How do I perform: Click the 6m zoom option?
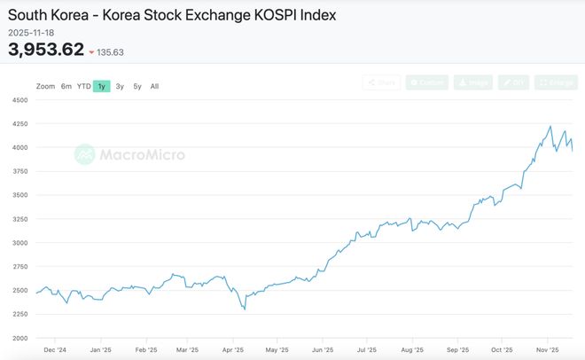pos(66,86)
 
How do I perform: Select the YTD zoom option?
pos(83,86)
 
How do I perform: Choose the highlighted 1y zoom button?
pos(101,86)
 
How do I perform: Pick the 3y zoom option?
pos(120,86)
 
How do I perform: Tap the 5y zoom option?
pos(137,86)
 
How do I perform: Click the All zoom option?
pos(155,86)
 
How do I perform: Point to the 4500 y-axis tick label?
pos(19,100)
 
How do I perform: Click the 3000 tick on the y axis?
pos(19,242)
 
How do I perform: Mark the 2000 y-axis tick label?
pos(19,338)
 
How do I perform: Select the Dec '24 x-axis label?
pos(54,350)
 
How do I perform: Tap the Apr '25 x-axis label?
pos(233,350)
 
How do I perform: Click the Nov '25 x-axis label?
pos(548,350)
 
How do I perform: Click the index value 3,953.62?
pos(46,51)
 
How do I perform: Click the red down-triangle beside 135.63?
pos(91,52)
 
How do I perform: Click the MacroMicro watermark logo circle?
pos(85,154)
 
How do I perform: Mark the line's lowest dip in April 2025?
pos(244,309)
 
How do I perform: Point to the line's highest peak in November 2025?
pos(550,127)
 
